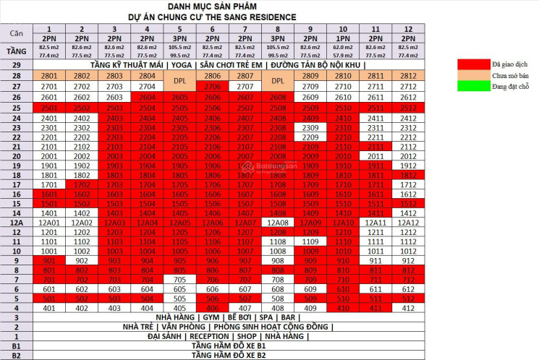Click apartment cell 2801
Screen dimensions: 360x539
[x=49, y=75]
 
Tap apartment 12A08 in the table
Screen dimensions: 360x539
[x=277, y=222]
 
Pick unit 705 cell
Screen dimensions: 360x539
[x=179, y=279]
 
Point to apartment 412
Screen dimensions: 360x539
[x=407, y=308]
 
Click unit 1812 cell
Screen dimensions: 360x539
[x=407, y=175]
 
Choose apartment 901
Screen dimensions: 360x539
[x=49, y=260]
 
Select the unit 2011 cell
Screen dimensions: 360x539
[x=375, y=155]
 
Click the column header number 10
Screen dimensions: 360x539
[x=341, y=27]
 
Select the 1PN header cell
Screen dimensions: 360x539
[x=341, y=37]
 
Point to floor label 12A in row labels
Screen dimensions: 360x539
[x=16, y=222]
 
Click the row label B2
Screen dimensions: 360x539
[x=16, y=355]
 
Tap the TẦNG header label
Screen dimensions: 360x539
[x=16, y=51]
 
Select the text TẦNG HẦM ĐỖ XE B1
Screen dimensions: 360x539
[x=229, y=346]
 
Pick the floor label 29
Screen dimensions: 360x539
[x=16, y=65]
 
